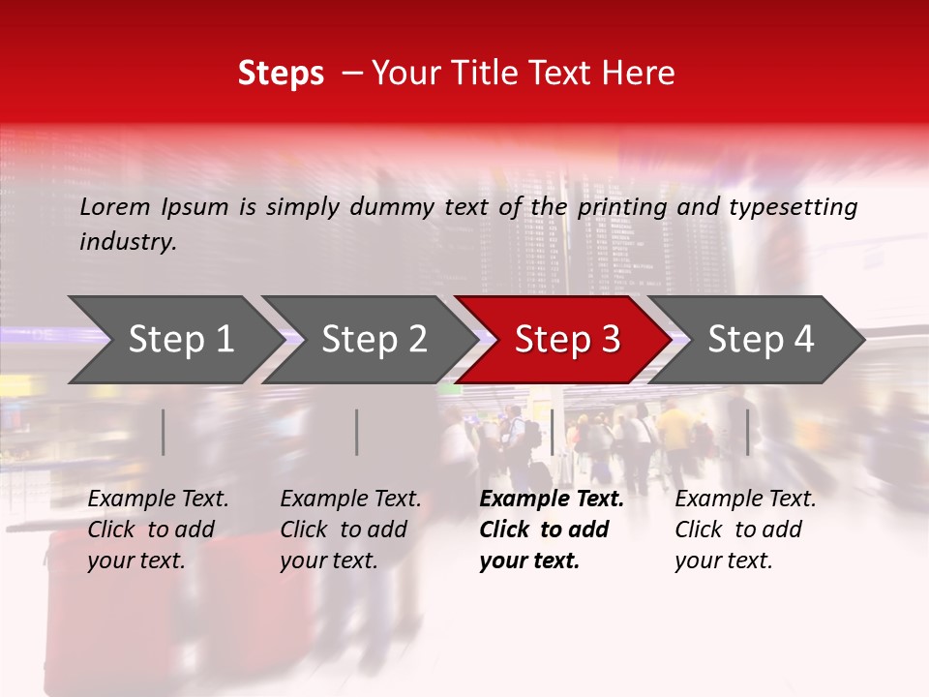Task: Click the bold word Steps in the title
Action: pyautogui.click(x=281, y=74)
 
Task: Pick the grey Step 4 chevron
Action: pyautogui.click(x=761, y=339)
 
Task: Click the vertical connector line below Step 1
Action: pyautogui.click(x=164, y=432)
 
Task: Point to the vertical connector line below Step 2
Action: pyautogui.click(x=357, y=432)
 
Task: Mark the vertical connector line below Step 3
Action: pyautogui.click(x=552, y=432)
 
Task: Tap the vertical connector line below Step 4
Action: pyautogui.click(x=748, y=432)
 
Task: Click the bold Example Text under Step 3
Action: pyautogui.click(x=552, y=500)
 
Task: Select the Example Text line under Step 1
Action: pyautogui.click(x=158, y=500)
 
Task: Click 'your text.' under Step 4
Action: pyautogui.click(x=723, y=561)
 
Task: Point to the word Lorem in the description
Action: pyautogui.click(x=115, y=207)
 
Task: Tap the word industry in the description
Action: pyautogui.click(x=127, y=242)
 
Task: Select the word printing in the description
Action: pyautogui.click(x=619, y=207)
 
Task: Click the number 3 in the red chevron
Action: pyautogui.click(x=610, y=339)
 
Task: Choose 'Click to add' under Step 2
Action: pyautogui.click(x=344, y=530)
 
